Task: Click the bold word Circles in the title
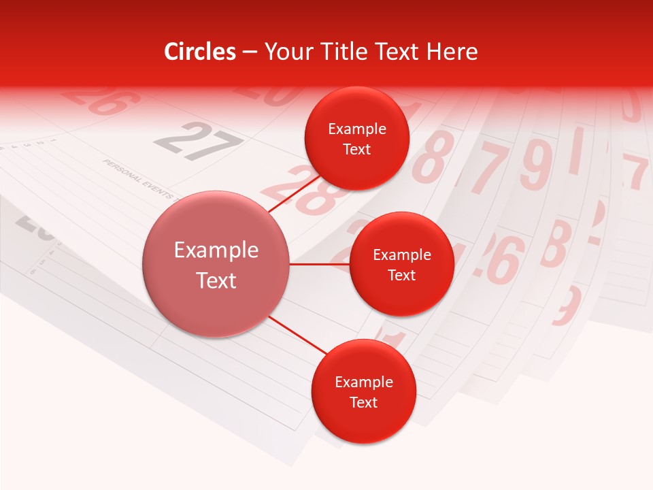[199, 52]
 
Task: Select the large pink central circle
[216, 264]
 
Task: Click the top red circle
[356, 139]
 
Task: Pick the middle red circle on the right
[401, 264]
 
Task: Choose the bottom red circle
[363, 392]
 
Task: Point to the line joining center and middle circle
[320, 263]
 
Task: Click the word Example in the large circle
[216, 250]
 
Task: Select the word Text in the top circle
[356, 150]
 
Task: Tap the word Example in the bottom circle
[363, 382]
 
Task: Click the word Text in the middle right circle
[401, 275]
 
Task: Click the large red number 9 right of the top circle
[536, 165]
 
